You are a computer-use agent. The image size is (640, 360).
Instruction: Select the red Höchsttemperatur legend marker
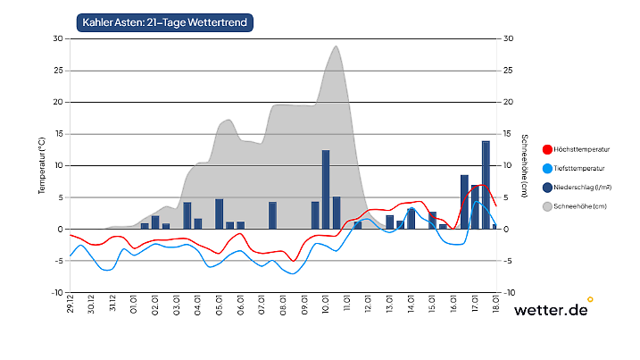pyautogui.click(x=547, y=147)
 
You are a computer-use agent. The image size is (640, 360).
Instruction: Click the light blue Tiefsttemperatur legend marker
pyautogui.click(x=547, y=168)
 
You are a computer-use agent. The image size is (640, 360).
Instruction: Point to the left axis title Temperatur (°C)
pyautogui.click(x=42, y=165)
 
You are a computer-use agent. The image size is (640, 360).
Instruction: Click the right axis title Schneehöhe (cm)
pyautogui.click(x=524, y=165)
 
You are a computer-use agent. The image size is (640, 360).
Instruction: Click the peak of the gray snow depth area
pyautogui.click(x=336, y=46)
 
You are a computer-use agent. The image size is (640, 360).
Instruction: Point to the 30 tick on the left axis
pyautogui.click(x=58, y=38)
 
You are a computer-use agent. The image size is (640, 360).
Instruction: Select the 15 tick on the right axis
pyautogui.click(x=508, y=134)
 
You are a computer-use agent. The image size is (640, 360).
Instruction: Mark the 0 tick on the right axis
pyautogui.click(x=506, y=230)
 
